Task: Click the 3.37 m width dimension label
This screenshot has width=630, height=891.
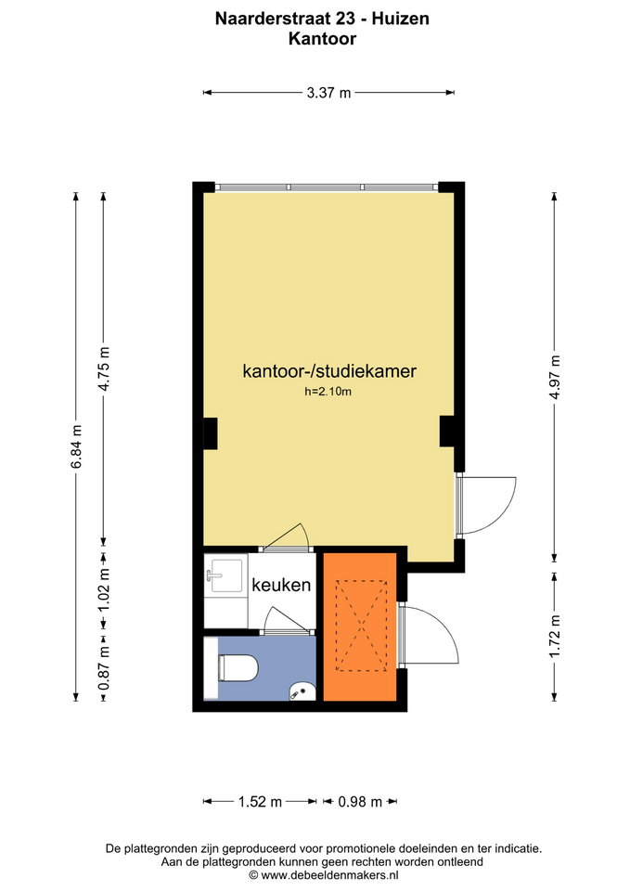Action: [x=328, y=92]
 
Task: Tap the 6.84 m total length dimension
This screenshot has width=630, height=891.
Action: [x=77, y=446]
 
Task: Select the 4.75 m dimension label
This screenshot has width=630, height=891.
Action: [x=104, y=368]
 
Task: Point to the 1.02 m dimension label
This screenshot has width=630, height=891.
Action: [x=104, y=591]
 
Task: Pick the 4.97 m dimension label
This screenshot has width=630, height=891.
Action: [x=555, y=377]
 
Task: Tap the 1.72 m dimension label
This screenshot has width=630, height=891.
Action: [x=555, y=636]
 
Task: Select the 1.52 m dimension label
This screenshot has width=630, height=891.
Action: [x=260, y=802]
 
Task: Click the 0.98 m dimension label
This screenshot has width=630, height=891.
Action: [x=360, y=802]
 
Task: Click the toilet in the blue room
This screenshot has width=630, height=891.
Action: [x=238, y=667]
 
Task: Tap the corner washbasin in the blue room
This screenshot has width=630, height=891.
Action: [x=302, y=691]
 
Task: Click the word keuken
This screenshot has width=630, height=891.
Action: [x=281, y=585]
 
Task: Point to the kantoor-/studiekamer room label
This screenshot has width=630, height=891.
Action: [x=329, y=370]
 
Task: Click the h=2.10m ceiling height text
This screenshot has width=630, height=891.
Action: [x=328, y=391]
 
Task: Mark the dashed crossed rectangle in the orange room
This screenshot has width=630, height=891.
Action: [x=361, y=626]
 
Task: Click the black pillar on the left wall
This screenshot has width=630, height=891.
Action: [x=211, y=433]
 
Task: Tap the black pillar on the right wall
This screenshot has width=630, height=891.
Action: [x=447, y=432]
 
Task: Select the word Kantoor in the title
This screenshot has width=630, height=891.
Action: [x=322, y=39]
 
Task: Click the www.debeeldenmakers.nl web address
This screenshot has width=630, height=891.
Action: [x=329, y=875]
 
